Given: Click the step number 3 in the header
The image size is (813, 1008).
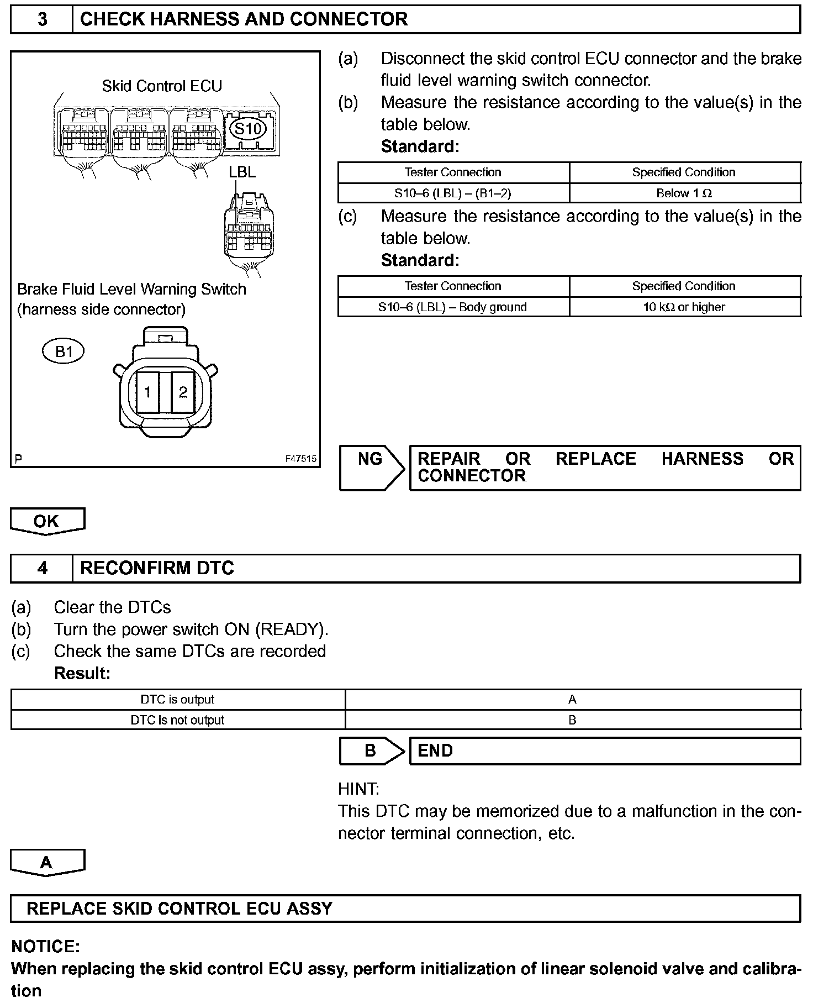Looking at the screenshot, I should point(42,19).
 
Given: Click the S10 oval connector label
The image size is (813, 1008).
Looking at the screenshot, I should point(247,129).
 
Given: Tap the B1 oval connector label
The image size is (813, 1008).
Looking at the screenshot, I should point(64,351).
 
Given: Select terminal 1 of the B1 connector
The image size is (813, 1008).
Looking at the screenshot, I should point(147,392).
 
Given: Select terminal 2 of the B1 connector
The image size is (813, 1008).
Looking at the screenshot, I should point(183,392).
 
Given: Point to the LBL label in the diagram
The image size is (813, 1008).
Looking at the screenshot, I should point(242,172).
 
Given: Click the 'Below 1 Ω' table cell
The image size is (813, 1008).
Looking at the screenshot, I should point(684,193).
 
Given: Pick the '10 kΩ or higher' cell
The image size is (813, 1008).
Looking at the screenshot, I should point(684,307).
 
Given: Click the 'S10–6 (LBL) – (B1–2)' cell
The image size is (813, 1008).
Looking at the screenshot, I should point(453,193).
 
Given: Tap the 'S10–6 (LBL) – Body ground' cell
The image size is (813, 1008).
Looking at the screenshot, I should point(453,307).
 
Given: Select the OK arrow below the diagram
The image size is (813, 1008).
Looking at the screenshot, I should point(47,522).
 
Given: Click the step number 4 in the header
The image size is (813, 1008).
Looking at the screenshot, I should point(42,568).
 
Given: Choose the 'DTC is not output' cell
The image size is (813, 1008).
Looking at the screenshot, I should point(178,720).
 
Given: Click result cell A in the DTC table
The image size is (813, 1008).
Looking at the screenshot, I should point(572,700).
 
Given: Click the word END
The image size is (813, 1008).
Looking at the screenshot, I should point(435,750).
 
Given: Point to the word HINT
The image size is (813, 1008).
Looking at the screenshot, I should point(358,789).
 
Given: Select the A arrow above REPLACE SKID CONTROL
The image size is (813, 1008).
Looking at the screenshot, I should point(47,863).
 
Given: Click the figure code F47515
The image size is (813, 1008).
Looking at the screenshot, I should point(301,459).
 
